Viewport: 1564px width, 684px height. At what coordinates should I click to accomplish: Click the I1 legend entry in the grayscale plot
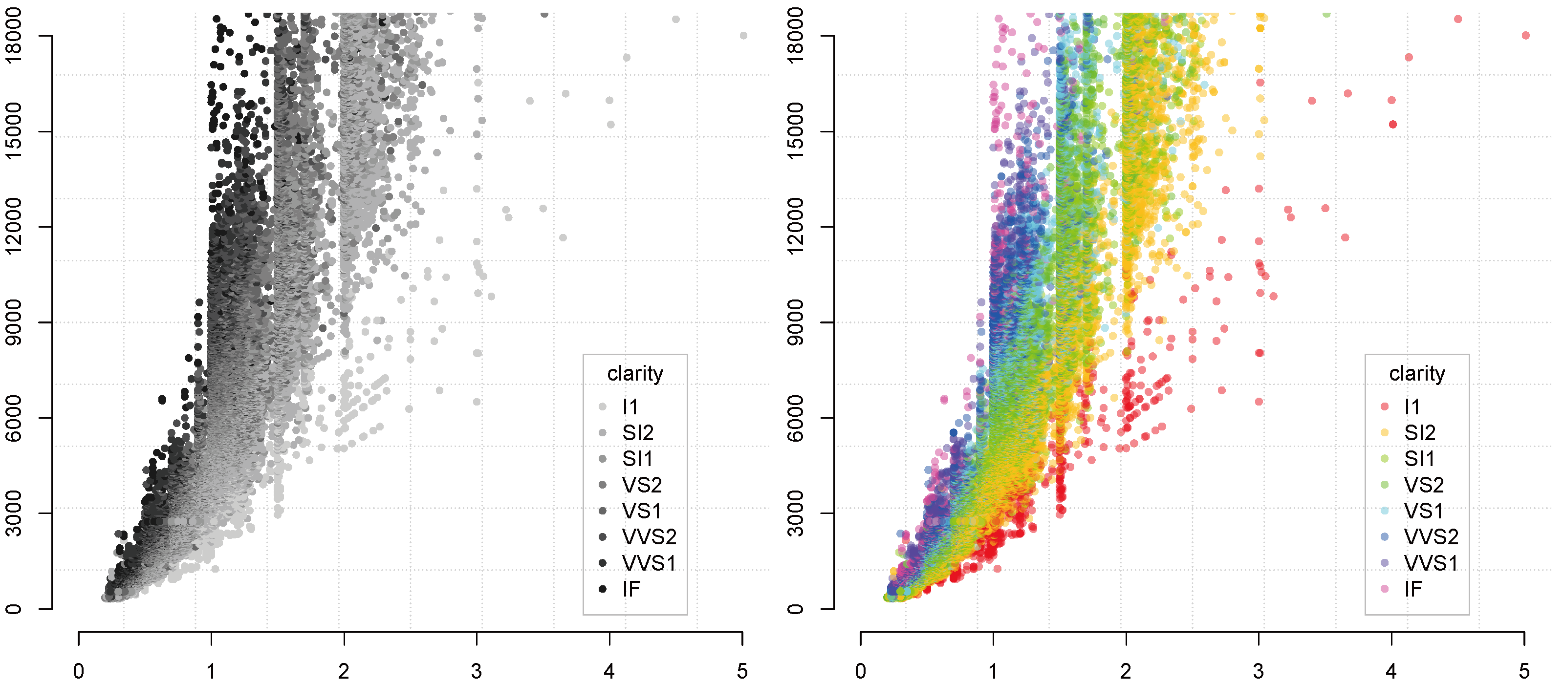(630, 406)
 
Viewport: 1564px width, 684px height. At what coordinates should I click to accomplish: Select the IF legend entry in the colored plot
(1413, 589)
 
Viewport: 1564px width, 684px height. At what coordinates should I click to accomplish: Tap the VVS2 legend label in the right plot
(1431, 536)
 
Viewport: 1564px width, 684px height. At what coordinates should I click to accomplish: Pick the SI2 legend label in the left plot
(637, 433)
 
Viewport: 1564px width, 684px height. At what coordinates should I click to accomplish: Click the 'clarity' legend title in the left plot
(634, 373)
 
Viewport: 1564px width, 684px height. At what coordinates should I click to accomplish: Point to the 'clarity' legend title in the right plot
(1416, 373)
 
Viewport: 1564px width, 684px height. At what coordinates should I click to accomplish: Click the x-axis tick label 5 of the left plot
(742, 671)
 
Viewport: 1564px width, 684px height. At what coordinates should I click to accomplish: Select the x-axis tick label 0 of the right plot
(860, 671)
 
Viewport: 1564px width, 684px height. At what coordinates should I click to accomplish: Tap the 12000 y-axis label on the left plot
(13, 227)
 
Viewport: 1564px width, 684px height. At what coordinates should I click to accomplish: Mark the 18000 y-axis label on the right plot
(795, 36)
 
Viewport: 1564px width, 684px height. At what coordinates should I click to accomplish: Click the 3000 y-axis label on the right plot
(795, 513)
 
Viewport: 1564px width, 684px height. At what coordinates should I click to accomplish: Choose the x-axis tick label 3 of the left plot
(477, 671)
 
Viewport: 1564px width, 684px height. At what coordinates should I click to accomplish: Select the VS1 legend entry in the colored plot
(1423, 511)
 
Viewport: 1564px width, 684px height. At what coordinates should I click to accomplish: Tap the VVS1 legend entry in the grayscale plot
(649, 563)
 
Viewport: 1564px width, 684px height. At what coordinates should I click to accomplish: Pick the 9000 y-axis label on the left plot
(13, 322)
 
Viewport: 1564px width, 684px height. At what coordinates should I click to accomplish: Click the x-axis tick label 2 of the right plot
(1126, 671)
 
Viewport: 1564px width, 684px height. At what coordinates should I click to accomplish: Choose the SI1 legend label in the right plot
(1419, 459)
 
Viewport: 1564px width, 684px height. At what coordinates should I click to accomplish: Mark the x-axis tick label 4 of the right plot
(1391, 671)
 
